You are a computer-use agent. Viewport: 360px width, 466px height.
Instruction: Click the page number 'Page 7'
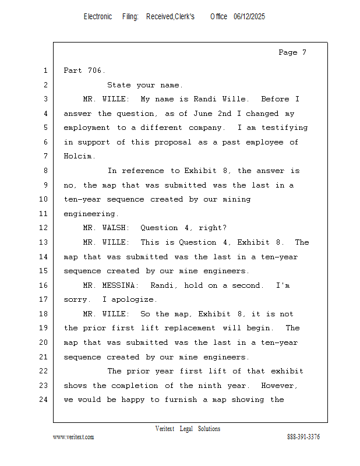tap(292, 52)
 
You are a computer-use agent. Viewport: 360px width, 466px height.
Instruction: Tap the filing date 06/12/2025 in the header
tap(249, 17)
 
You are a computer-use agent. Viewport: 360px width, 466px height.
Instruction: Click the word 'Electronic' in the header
tap(98, 17)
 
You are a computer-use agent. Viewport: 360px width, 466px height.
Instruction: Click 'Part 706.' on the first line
tap(84, 70)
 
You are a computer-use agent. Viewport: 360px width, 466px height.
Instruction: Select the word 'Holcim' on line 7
tap(78, 156)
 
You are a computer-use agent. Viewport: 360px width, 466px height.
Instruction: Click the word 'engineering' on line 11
tap(90, 214)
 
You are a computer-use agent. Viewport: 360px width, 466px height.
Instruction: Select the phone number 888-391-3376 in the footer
tap(303, 437)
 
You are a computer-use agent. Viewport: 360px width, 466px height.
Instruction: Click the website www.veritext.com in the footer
tap(73, 437)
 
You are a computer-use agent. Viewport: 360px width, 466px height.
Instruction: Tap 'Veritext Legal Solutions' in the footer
tap(188, 429)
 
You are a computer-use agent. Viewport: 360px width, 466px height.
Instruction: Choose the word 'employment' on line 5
tap(87, 128)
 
